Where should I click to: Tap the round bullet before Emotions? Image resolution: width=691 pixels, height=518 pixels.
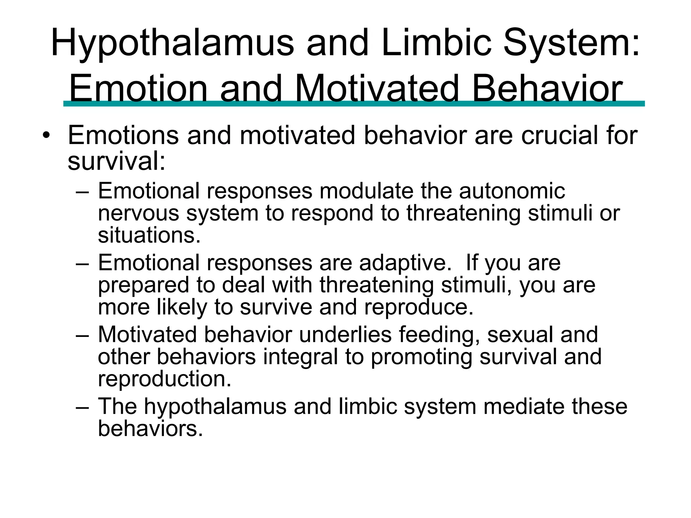(x=46, y=136)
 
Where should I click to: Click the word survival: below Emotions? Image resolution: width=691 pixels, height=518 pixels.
(x=116, y=161)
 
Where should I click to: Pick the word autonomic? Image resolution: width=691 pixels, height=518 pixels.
(x=512, y=191)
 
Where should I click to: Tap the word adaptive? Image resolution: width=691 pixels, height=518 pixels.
(x=405, y=263)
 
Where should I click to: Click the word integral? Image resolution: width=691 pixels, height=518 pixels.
(x=300, y=357)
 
